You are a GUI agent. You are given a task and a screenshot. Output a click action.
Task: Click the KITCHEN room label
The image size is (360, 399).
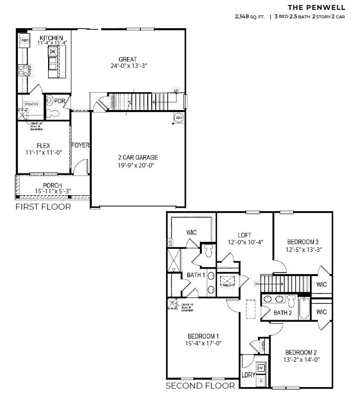(51, 38)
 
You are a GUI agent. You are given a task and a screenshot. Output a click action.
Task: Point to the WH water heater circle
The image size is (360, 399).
(179, 117)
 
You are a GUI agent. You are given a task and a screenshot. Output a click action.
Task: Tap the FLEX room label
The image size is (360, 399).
(42, 146)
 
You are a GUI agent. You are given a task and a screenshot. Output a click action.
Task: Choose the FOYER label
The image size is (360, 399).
(80, 145)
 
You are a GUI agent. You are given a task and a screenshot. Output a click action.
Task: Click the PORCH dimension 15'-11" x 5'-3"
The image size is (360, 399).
(48, 192)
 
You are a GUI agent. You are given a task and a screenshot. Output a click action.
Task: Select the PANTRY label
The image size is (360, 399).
(32, 104)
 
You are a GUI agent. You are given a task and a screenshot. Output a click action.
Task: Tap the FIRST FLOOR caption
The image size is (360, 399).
(43, 207)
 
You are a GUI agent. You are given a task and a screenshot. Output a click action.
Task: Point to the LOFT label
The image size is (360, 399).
(244, 235)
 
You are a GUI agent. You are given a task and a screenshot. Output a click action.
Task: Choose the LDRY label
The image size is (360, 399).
(248, 375)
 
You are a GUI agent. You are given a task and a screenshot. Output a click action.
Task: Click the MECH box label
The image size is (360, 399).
(228, 285)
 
